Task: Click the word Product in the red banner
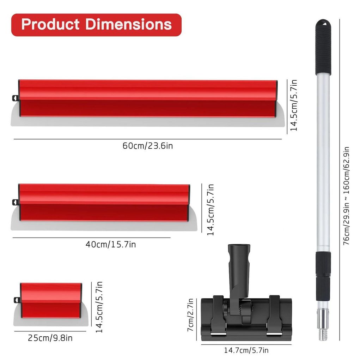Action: [50, 24]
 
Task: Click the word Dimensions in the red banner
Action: [129, 24]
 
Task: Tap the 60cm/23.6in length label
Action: [148, 146]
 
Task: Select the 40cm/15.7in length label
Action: [111, 244]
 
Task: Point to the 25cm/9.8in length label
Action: [50, 338]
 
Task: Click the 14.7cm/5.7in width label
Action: [246, 350]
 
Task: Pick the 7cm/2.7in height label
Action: [190, 315]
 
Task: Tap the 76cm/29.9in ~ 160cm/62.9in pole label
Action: [346, 196]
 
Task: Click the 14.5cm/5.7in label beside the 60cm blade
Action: [294, 105]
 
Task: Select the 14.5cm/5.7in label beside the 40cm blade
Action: [210, 210]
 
